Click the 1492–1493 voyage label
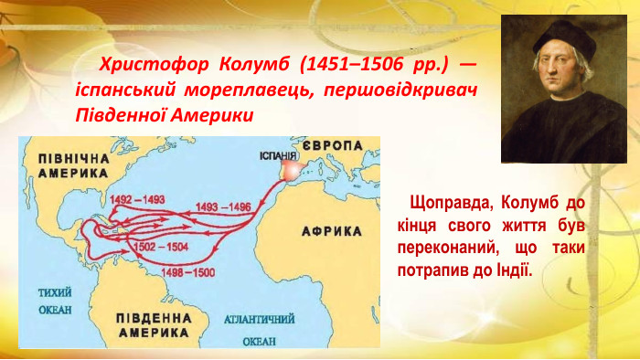pyautogui.click(x=136, y=199)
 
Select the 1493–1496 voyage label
pyautogui.click(x=223, y=206)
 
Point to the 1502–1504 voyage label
pyautogui.click(x=160, y=248)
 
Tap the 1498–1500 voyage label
pyautogui.click(x=187, y=272)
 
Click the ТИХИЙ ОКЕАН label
pyautogui.click(x=54, y=302)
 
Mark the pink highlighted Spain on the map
pyautogui.click(x=291, y=171)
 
